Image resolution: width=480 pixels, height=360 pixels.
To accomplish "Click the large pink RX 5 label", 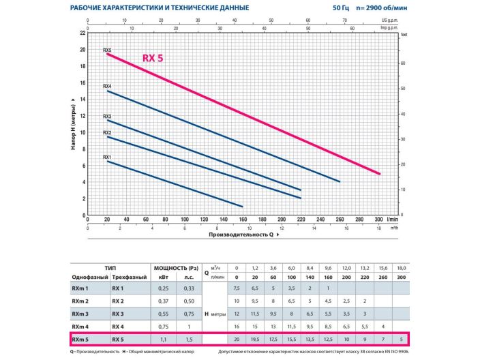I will point(153,58).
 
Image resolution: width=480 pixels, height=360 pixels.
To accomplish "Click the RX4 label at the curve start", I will point(107,87).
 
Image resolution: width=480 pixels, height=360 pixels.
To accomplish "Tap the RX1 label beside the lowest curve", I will point(107,157).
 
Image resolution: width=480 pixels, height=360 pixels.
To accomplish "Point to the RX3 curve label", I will point(107,117).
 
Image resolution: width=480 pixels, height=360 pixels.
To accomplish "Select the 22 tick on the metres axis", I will point(83,33).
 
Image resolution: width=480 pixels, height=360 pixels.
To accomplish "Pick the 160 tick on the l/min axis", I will point(243,220).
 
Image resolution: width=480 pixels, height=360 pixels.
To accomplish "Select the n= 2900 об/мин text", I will point(382,7).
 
